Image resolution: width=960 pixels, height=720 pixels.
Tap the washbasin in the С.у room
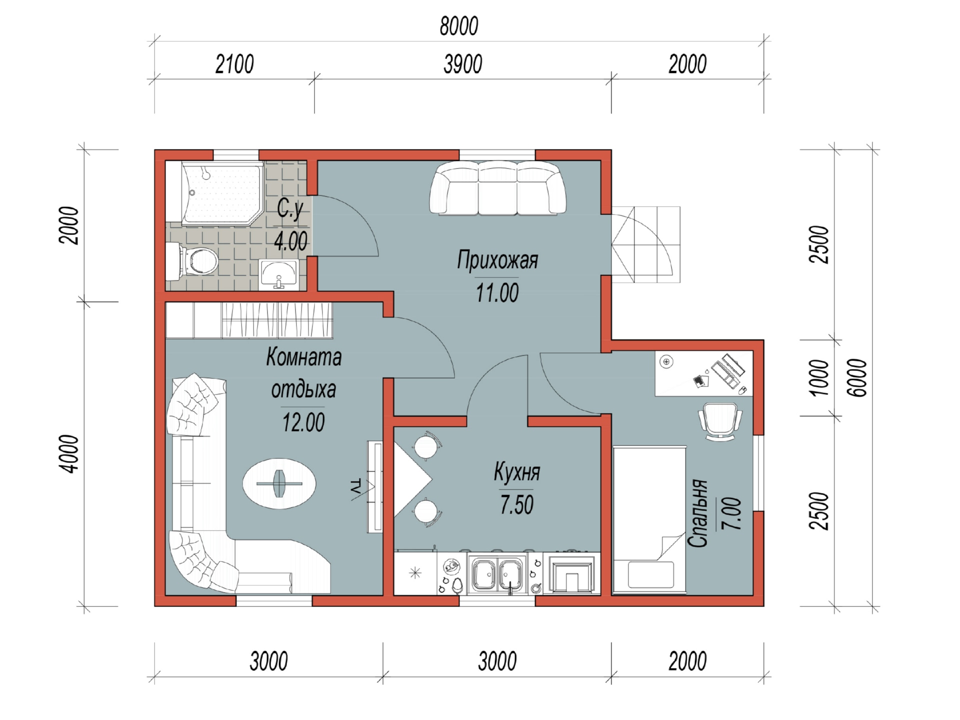tap(278, 275)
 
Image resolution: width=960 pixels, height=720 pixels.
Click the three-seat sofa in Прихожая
tap(497, 188)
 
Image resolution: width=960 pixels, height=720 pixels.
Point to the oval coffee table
tap(279, 483)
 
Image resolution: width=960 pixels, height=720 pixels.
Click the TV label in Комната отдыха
tap(355, 487)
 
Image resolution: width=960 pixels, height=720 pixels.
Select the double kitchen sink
tap(497, 574)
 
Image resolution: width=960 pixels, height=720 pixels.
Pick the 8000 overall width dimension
tap(459, 26)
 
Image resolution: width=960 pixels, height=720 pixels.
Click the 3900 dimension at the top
tap(463, 64)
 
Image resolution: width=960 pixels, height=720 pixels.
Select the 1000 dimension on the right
tap(819, 378)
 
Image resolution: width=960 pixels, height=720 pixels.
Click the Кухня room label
tap(517, 472)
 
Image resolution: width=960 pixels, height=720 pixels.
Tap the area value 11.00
tap(497, 293)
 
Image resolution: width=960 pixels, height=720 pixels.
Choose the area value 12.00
tap(303, 422)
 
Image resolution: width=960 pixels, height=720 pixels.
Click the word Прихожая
tap(497, 260)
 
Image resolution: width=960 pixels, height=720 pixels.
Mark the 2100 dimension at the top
tap(234, 64)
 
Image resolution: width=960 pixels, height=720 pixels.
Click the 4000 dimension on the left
tap(70, 454)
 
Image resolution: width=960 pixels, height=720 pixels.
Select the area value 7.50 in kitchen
tap(517, 504)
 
